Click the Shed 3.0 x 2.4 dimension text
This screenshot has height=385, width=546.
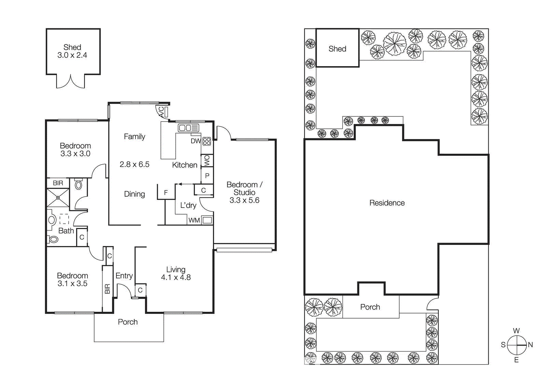tap(72, 55)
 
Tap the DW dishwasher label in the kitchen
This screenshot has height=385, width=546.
tap(196, 141)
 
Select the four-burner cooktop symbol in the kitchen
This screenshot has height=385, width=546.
tap(207, 141)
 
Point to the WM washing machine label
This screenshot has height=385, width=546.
tap(194, 220)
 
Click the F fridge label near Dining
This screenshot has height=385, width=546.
tap(166, 193)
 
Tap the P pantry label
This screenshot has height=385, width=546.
tap(207, 176)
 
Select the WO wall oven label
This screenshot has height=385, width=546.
tap(207, 161)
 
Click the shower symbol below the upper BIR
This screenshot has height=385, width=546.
tap(58, 198)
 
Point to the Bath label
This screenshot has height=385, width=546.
tap(66, 231)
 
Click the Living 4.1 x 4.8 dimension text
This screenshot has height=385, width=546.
tap(176, 277)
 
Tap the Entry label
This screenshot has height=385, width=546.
tap(124, 276)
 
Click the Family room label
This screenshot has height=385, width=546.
tap(134, 137)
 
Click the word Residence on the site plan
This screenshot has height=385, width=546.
tap(387, 203)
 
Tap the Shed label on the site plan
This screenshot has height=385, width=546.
tap(337, 49)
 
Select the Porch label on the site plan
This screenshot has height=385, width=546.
tap(370, 307)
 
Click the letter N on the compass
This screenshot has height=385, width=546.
tap(530, 345)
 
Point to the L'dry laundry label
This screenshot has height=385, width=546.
tap(188, 205)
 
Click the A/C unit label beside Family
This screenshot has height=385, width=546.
tap(161, 112)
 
